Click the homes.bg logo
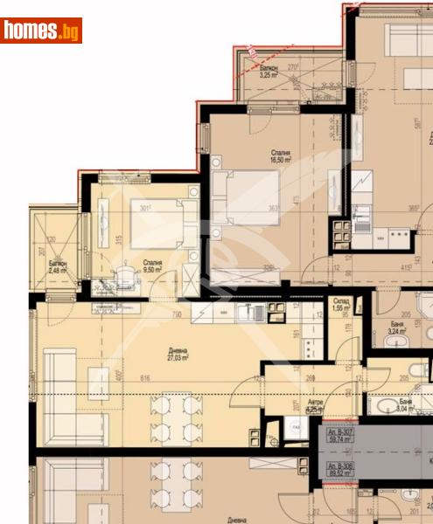(x=41, y=31)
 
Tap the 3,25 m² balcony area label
(x=269, y=72)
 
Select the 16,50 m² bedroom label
(x=280, y=156)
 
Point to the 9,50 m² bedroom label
(x=152, y=266)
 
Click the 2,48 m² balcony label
(x=58, y=267)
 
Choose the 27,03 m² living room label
(x=178, y=354)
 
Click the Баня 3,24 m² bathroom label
(x=396, y=327)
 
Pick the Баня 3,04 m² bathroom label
(x=403, y=406)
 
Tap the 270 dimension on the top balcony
(x=293, y=65)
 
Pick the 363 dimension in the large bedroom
(x=274, y=208)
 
